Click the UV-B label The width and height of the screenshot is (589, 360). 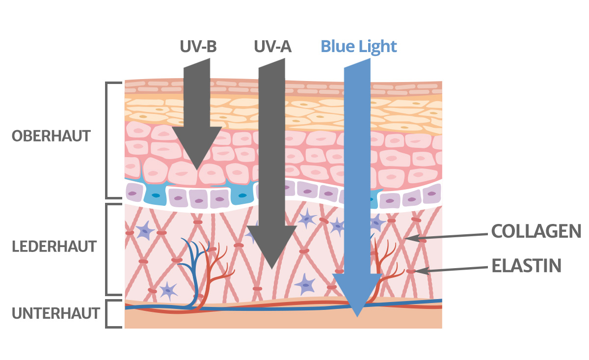197,46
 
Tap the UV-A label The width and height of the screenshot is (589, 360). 272,46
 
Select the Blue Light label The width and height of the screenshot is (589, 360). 358,46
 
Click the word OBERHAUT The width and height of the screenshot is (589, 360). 52,136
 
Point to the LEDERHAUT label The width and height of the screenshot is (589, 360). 54,247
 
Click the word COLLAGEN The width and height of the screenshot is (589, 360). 536,231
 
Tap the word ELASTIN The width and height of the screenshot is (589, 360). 526,266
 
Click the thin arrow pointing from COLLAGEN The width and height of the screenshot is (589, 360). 447,236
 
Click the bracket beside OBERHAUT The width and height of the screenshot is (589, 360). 107,140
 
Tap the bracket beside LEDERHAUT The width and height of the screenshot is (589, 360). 107,249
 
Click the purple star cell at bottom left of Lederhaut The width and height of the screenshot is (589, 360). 168,290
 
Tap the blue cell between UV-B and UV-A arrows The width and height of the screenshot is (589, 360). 241,196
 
